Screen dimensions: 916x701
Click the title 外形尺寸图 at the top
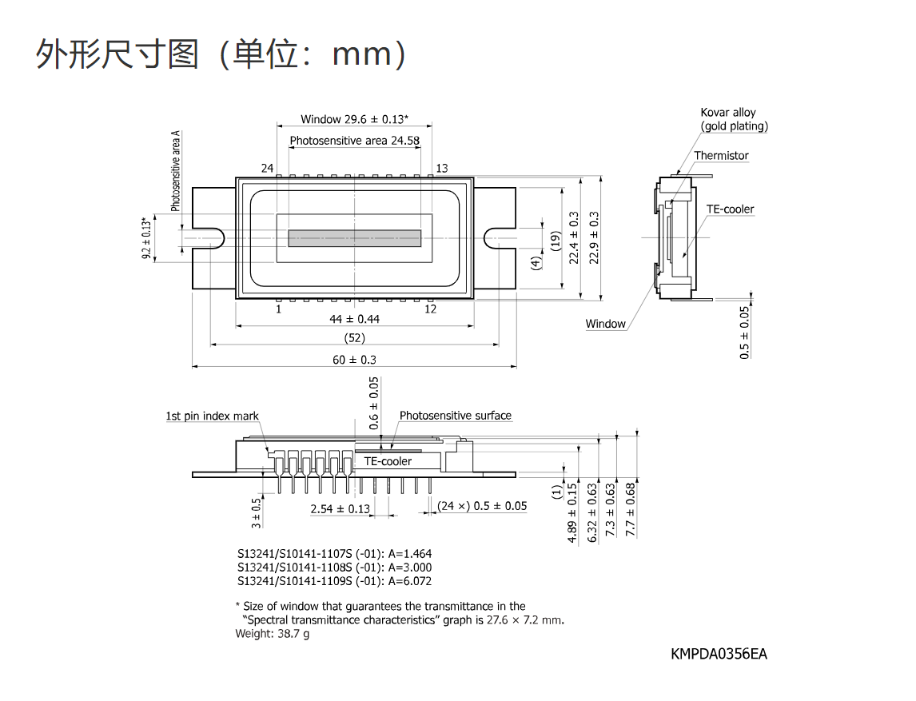pos(117,54)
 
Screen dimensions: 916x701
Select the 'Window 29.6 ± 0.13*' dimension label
pos(355,119)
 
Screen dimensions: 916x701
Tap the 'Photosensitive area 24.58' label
pos(355,141)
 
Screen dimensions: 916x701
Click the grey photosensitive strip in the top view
pos(355,237)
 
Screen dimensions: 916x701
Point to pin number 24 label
pos(267,168)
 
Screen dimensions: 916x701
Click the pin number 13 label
pos(442,168)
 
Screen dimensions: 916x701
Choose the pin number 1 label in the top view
pos(279,309)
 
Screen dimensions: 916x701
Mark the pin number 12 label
pos(431,309)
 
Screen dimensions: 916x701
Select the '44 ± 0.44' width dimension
pos(355,319)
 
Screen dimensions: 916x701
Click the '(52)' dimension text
pos(355,338)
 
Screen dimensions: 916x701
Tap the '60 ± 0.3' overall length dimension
pos(355,360)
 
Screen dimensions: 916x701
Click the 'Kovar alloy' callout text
pos(728,112)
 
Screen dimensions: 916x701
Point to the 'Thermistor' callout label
pos(721,155)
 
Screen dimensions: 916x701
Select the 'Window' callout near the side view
pos(605,324)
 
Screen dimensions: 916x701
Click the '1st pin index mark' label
pos(212,416)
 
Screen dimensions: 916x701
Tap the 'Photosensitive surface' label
pos(456,416)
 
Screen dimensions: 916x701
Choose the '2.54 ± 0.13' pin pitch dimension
pos(340,509)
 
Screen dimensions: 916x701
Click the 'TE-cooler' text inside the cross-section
pos(388,461)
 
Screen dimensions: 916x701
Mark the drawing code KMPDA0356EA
pos(719,654)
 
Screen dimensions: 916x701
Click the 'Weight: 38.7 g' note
pos(273,634)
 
